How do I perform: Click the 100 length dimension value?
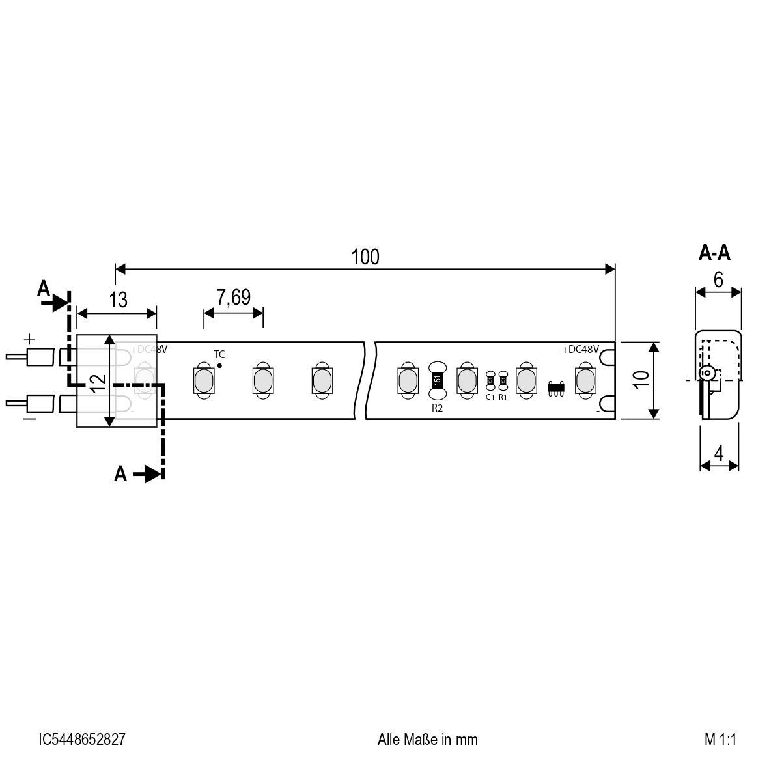(x=365, y=257)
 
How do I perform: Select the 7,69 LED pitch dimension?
(x=233, y=298)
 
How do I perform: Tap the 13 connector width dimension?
(x=118, y=300)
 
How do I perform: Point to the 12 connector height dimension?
(x=98, y=382)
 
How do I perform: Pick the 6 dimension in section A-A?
(x=718, y=279)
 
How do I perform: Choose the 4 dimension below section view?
(x=719, y=454)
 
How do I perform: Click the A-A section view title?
(x=714, y=253)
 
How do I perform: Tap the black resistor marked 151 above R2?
(x=437, y=380)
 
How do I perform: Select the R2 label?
(x=437, y=408)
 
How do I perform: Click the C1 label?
(x=490, y=397)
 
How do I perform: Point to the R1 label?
(x=503, y=397)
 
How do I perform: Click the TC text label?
(x=219, y=354)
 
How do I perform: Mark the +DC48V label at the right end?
(x=580, y=350)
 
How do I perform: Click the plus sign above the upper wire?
(x=29, y=339)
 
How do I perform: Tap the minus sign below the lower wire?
(x=29, y=419)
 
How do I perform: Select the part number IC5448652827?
(x=82, y=740)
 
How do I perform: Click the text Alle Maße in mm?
(x=427, y=740)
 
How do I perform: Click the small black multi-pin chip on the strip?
(x=555, y=387)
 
